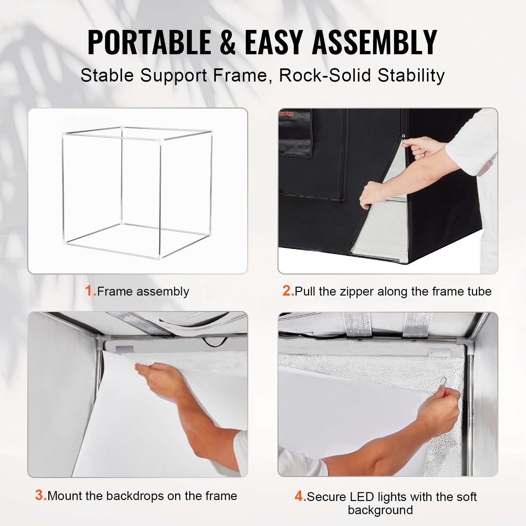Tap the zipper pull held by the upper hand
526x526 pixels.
403,136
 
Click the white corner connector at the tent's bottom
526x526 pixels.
404,260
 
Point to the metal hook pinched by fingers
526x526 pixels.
444,381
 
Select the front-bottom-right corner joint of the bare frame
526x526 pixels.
160,256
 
